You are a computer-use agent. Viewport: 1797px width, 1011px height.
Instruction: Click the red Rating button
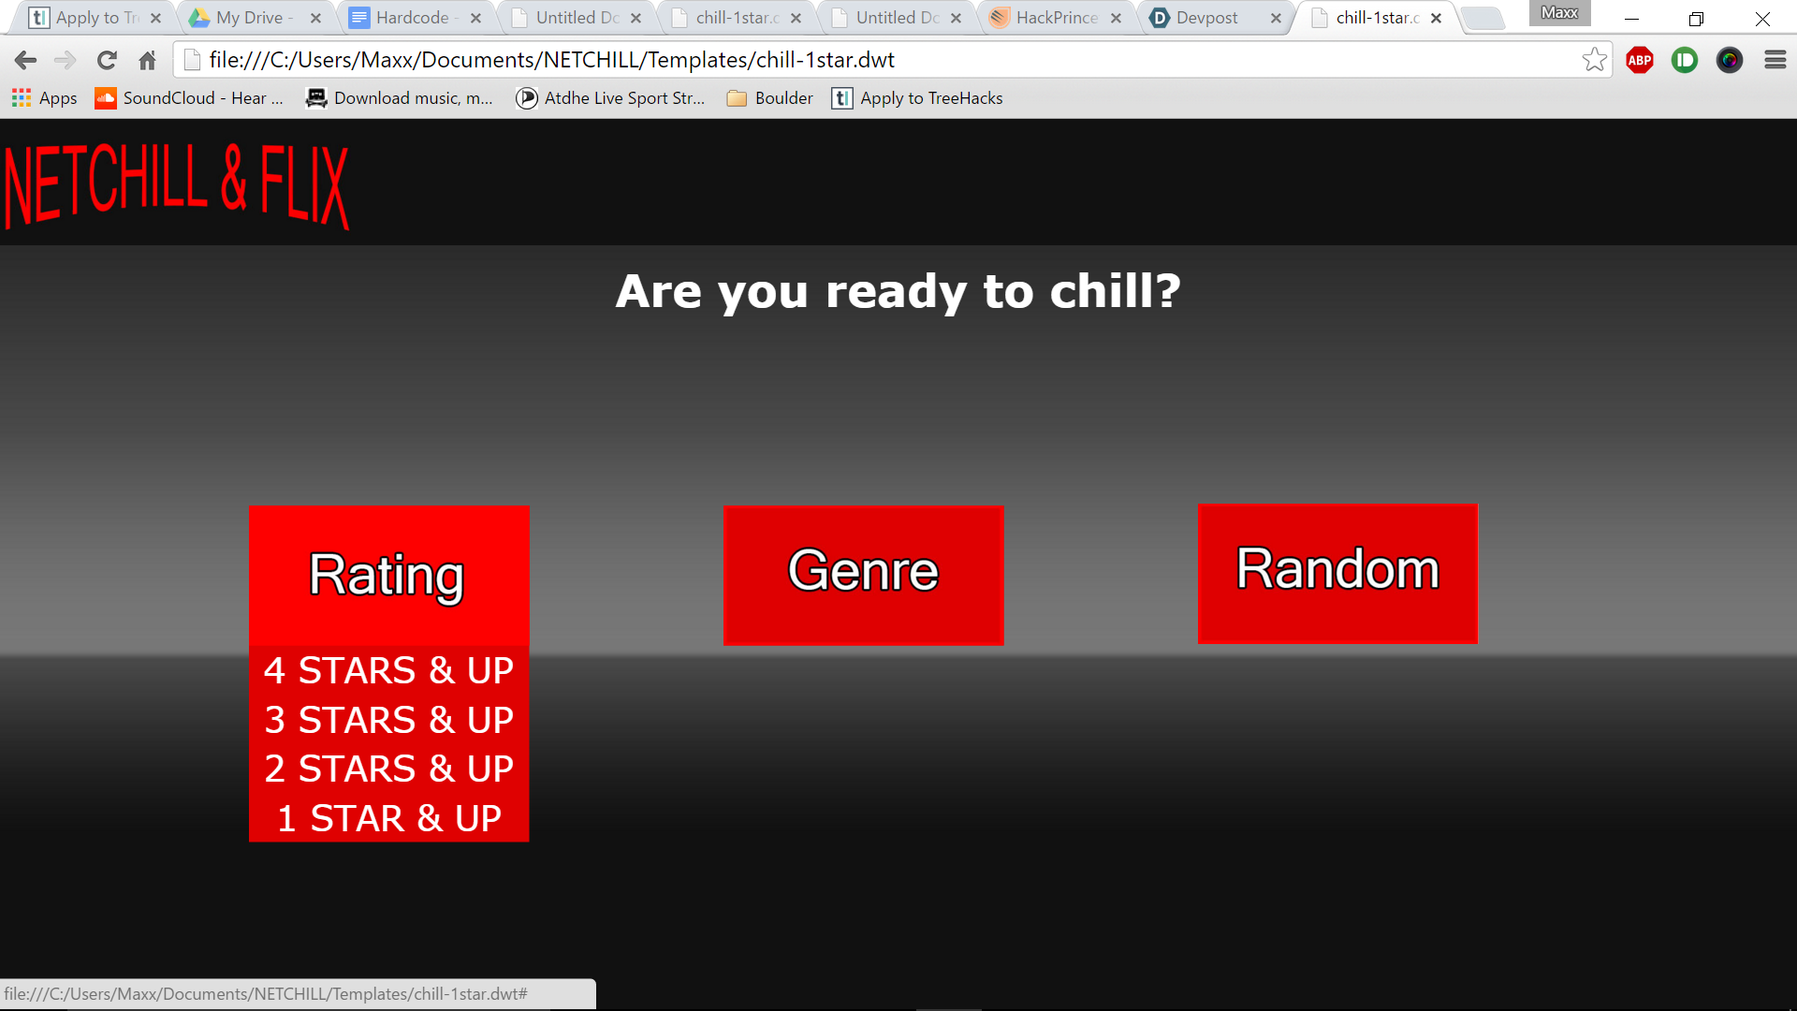pyautogui.click(x=388, y=575)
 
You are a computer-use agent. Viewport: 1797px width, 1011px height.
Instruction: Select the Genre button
pyautogui.click(x=863, y=575)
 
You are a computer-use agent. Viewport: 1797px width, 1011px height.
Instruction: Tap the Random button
pyautogui.click(x=1337, y=573)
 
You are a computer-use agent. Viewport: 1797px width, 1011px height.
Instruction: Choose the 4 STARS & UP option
pyautogui.click(x=388, y=670)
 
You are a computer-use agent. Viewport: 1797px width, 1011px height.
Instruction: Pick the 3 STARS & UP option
pyautogui.click(x=388, y=720)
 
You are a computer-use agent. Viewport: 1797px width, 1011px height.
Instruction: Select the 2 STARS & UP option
pyautogui.click(x=388, y=769)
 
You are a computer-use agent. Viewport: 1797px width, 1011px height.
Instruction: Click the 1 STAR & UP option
pyautogui.click(x=388, y=818)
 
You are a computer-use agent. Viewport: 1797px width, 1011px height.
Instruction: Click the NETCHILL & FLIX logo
pyautogui.click(x=177, y=185)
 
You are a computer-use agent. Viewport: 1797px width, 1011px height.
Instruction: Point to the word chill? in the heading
pyautogui.click(x=1116, y=291)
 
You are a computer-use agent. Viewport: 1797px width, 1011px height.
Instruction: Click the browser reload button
pyautogui.click(x=107, y=61)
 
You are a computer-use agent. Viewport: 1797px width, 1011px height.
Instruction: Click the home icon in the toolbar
pyautogui.click(x=147, y=61)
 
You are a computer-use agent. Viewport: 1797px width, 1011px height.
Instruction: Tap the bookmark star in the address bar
pyautogui.click(x=1595, y=60)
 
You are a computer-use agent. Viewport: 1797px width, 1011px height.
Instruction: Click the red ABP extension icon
pyautogui.click(x=1640, y=61)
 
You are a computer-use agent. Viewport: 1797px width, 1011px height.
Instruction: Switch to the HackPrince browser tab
pyautogui.click(x=1053, y=18)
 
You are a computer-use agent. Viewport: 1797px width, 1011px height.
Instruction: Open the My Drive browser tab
pyautogui.click(x=253, y=18)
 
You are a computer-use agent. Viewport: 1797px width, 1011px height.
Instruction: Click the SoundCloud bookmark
pyautogui.click(x=189, y=98)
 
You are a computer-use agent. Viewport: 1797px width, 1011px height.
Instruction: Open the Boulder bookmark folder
pyautogui.click(x=770, y=98)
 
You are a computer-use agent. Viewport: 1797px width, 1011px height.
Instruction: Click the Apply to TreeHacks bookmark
pyautogui.click(x=917, y=98)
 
